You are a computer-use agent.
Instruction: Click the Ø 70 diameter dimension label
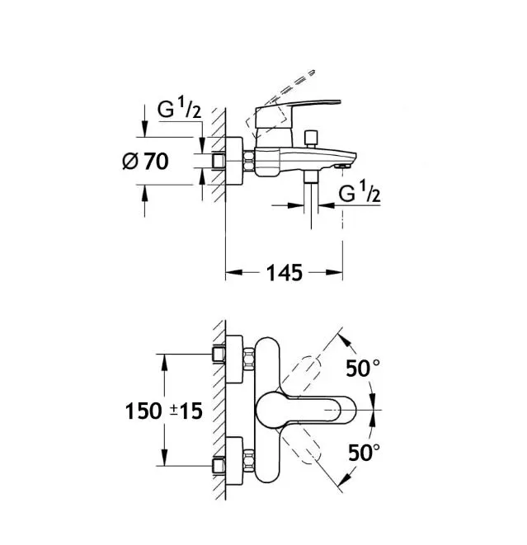(x=146, y=162)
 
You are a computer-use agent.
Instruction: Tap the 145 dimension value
(x=285, y=273)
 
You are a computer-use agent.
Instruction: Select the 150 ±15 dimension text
(x=164, y=411)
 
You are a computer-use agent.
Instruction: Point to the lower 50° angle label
(x=364, y=453)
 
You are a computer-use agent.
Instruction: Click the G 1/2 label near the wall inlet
(x=179, y=108)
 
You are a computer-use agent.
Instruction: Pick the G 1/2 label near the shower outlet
(x=360, y=192)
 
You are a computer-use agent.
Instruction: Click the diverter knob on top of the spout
(x=311, y=139)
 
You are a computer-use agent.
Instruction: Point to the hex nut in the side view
(x=249, y=161)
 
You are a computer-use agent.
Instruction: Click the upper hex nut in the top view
(x=249, y=359)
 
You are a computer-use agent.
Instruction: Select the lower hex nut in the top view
(x=249, y=461)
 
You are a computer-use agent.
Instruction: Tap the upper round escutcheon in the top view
(x=234, y=359)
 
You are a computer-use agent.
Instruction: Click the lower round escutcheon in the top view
(x=234, y=461)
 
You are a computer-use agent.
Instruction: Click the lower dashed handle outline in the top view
(x=302, y=446)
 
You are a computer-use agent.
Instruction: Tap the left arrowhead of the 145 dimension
(x=233, y=272)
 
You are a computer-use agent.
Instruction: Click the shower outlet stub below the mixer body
(x=311, y=176)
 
